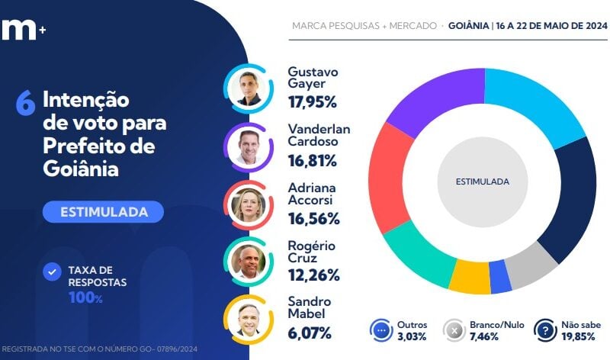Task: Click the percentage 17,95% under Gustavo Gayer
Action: [312, 101]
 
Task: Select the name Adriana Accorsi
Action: [312, 194]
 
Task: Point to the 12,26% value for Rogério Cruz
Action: [313, 275]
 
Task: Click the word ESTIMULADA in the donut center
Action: [482, 182]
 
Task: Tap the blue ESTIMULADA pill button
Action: [102, 211]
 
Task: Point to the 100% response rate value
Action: [85, 298]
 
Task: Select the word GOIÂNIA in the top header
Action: [468, 25]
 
